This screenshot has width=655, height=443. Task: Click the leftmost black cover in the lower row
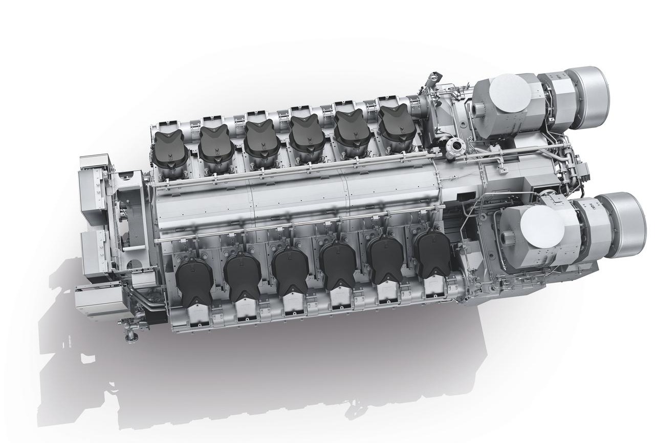(194, 279)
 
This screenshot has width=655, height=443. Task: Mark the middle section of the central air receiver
(299, 202)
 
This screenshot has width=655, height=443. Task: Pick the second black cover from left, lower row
(242, 277)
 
